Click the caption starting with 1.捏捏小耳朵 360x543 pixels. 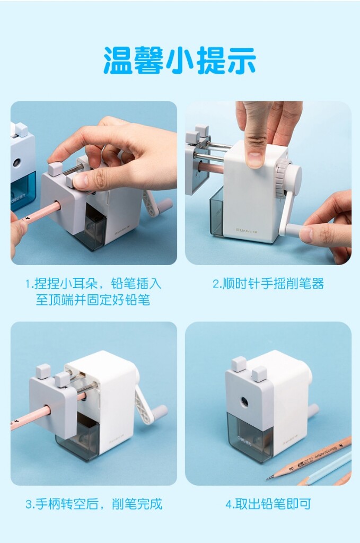93,291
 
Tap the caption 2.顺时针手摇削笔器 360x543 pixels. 268,284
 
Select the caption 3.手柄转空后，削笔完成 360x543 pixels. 93,504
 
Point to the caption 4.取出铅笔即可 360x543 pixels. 268,504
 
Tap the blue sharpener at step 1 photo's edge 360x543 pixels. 22,170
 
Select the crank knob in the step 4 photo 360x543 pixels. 314,410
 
